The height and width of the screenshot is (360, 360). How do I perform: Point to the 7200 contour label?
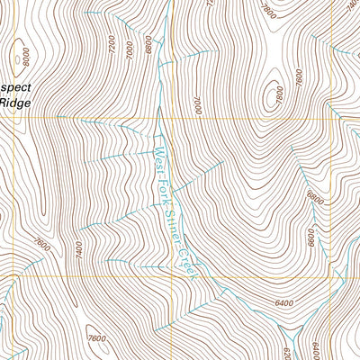[x=112, y=42]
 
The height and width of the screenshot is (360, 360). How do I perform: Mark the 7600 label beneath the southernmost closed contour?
[x=98, y=338]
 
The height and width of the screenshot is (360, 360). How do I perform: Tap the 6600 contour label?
[x=310, y=237]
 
